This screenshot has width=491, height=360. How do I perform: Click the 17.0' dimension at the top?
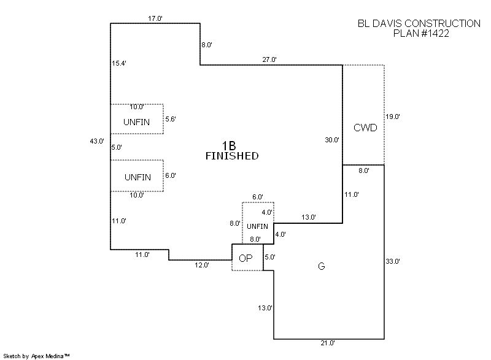pyautogui.click(x=155, y=18)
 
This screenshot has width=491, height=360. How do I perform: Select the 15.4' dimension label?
pyautogui.click(x=119, y=63)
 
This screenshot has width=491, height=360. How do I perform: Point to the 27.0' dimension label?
pyautogui.click(x=269, y=59)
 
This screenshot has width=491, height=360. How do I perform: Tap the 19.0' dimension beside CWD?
pyautogui.click(x=393, y=117)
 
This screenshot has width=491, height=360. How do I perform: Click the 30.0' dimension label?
pyautogui.click(x=332, y=140)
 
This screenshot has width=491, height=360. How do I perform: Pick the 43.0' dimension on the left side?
pyautogui.click(x=97, y=141)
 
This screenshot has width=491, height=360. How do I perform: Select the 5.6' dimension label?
pyautogui.click(x=171, y=119)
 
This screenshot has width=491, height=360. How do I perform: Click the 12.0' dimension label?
pyautogui.click(x=202, y=265)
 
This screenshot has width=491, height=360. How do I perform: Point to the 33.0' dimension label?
pyautogui.click(x=393, y=261)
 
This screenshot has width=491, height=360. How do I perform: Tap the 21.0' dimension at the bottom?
pyautogui.click(x=328, y=343)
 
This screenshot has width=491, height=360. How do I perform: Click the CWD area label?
pyautogui.click(x=365, y=128)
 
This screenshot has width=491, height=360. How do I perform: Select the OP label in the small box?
pyautogui.click(x=245, y=258)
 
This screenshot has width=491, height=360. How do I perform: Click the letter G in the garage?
pyautogui.click(x=321, y=266)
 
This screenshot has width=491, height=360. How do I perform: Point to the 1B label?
pyautogui.click(x=229, y=145)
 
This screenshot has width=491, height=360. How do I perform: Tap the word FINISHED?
pyautogui.click(x=231, y=156)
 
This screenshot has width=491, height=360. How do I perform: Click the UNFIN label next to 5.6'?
pyautogui.click(x=136, y=122)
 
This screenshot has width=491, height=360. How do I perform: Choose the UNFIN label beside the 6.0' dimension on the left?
pyautogui.click(x=137, y=177)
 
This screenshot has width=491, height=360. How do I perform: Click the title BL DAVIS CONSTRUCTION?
pyautogui.click(x=419, y=23)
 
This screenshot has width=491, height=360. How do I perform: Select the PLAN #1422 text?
pyautogui.click(x=421, y=34)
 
